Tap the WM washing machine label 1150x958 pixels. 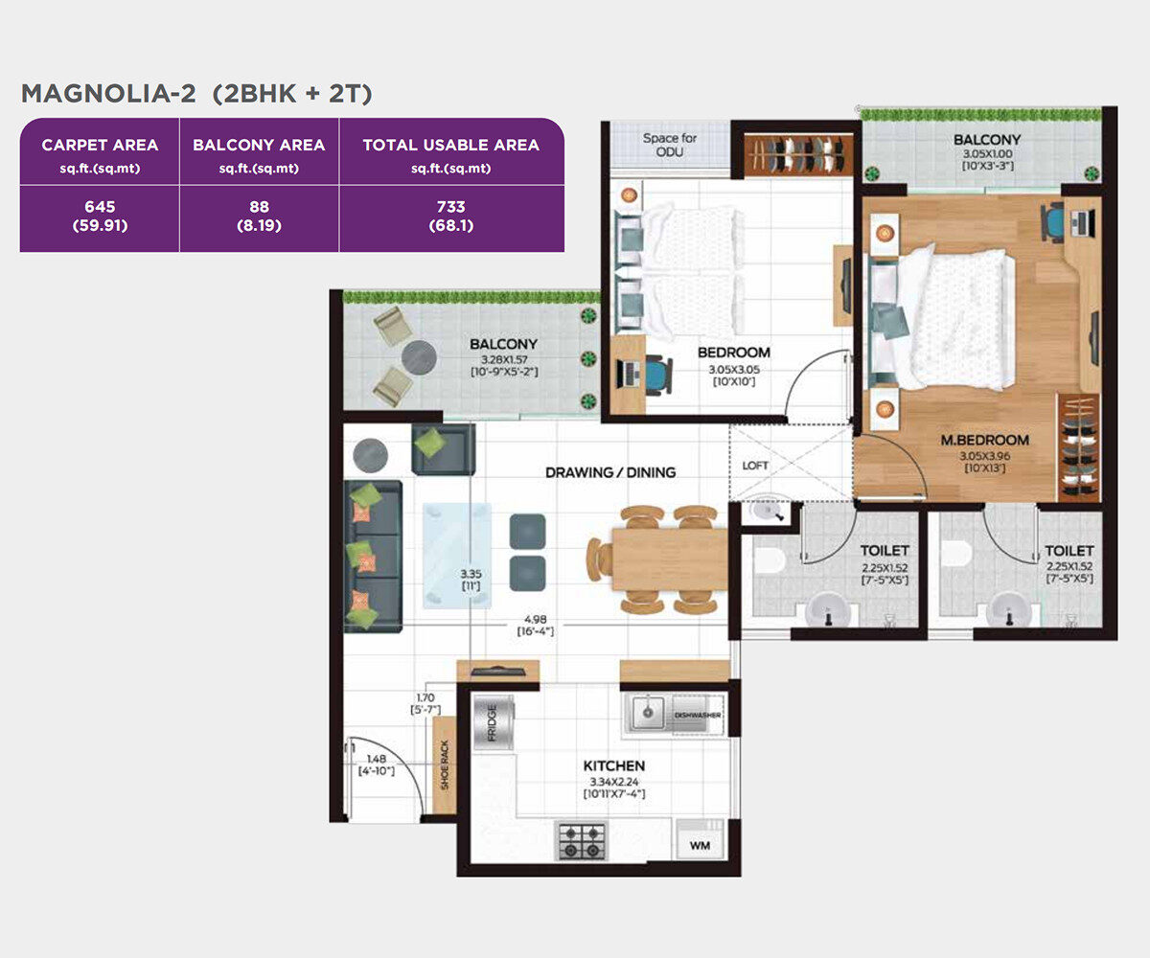700,845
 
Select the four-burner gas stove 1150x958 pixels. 581,841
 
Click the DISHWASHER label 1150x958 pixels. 698,715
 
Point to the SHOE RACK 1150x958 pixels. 445,764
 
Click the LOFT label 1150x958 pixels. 754,466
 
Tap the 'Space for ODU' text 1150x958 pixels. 670,145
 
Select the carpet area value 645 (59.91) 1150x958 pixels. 101,216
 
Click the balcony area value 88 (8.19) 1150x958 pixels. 259,216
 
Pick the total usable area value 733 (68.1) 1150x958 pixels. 451,216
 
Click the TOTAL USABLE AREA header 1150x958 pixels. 451,145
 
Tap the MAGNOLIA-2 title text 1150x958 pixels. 108,94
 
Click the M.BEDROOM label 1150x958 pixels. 985,440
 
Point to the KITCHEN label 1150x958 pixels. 614,765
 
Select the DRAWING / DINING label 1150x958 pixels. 610,472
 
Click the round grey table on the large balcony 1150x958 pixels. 419,358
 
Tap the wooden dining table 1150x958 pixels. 669,559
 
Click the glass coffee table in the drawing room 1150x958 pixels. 457,556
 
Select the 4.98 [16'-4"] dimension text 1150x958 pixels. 536,626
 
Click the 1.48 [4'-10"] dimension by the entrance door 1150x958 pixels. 377,764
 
